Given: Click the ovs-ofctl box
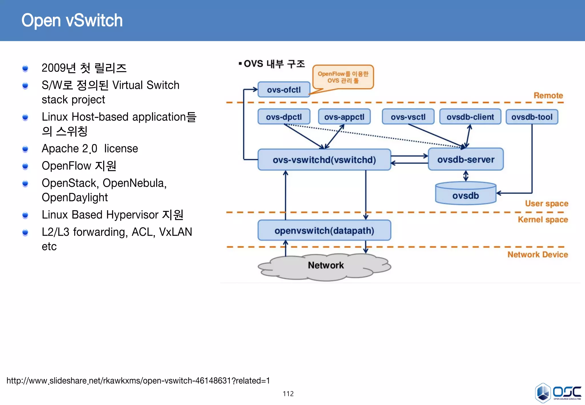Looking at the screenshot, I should click(x=284, y=90).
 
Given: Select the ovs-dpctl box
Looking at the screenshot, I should click(x=284, y=117).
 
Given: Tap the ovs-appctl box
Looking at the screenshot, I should click(x=344, y=117).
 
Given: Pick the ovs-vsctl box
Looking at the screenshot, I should click(x=408, y=117).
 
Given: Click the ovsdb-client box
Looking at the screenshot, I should click(x=470, y=117).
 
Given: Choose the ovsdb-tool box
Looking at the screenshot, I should click(x=532, y=117).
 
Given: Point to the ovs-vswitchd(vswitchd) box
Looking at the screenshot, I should click(x=324, y=160).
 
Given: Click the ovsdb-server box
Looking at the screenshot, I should click(x=466, y=159).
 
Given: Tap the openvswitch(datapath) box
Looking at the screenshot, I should click(x=324, y=230).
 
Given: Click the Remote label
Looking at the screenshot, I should click(x=548, y=95).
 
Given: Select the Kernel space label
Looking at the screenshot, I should click(x=543, y=219).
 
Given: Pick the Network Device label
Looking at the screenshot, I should click(x=538, y=254).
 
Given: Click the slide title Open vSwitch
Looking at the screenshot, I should click(x=72, y=21).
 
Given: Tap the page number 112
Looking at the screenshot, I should click(x=288, y=394).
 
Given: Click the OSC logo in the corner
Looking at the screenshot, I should click(x=558, y=393).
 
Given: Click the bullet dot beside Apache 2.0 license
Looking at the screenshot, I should click(x=25, y=149).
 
